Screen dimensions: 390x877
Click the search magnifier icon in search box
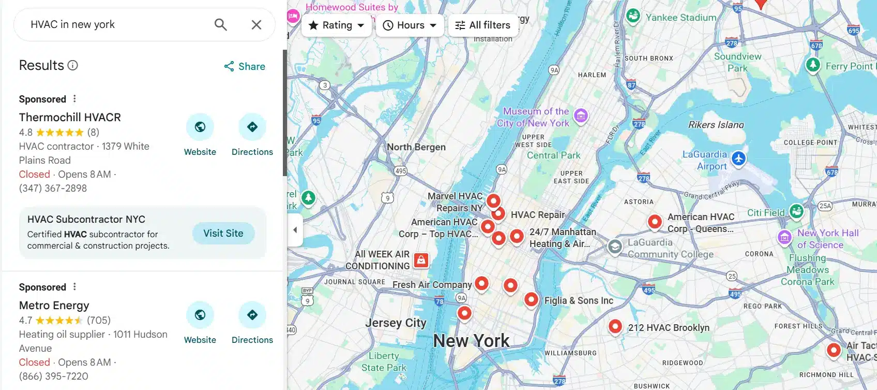coord(221,24)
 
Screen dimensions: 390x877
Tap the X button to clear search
coord(256,24)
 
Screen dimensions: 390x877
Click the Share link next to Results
coord(245,66)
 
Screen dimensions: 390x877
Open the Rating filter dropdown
coord(337,25)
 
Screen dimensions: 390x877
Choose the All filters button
coord(482,25)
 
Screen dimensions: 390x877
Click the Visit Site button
coord(223,233)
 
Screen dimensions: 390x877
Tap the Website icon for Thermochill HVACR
coord(200,127)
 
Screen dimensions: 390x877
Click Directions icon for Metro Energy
coord(252,315)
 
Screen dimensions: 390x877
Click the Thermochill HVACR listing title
coord(70,117)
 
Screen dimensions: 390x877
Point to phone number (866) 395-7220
coord(54,376)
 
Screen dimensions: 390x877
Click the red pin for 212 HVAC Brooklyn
coord(615,326)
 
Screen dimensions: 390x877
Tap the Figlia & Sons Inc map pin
coord(531,299)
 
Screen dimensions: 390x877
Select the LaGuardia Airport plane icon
coord(738,158)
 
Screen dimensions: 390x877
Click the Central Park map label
coord(553,155)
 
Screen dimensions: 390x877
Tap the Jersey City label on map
coord(396,323)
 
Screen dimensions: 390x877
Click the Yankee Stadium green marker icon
coord(633,16)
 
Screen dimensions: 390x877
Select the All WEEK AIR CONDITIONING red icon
coord(421,259)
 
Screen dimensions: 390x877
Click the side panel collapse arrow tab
coord(295,230)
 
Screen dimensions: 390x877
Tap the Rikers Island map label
coord(716,125)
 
